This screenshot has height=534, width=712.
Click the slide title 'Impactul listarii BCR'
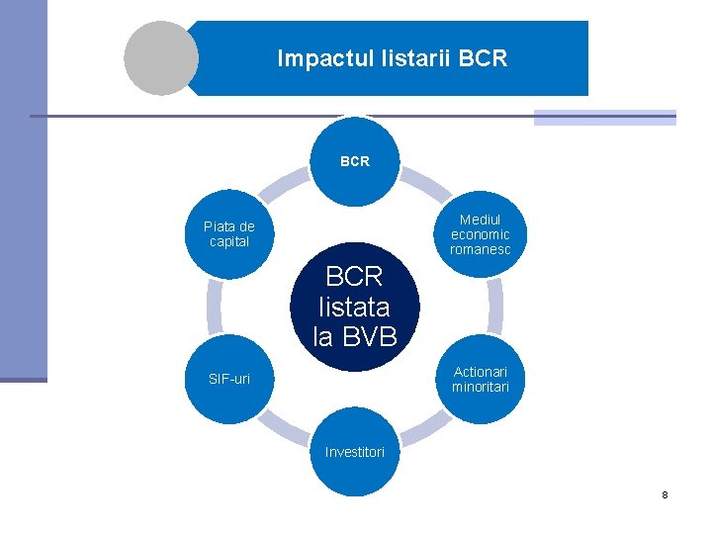point(392,58)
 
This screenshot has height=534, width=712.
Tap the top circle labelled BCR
point(355,160)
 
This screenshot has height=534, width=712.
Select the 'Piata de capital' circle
point(229,233)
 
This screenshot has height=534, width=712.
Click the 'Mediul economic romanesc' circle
point(481,234)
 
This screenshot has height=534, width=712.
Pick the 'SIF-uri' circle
point(229,379)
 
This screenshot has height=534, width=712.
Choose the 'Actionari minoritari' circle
point(481,379)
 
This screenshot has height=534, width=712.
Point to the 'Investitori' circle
point(355,452)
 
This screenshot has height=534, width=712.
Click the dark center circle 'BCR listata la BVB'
point(355,306)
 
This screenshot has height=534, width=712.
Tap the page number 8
point(666,493)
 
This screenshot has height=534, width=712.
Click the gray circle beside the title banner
point(161,58)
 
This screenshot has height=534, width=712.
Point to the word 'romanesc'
point(481,249)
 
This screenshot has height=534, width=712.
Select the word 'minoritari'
point(481,387)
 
